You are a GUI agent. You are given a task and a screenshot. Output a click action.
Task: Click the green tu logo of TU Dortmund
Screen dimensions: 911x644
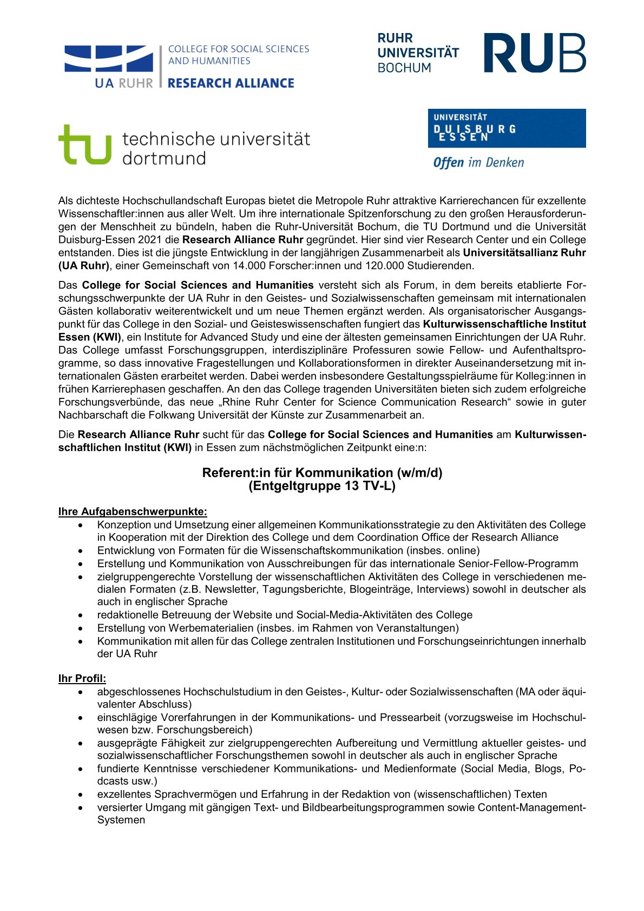tap(84, 145)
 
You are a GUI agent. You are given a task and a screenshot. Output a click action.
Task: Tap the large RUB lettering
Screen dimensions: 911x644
tap(534, 53)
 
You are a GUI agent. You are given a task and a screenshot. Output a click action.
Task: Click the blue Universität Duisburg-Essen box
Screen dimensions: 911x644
tap(507, 128)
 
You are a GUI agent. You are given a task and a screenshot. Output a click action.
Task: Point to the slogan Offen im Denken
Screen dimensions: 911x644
tap(478, 162)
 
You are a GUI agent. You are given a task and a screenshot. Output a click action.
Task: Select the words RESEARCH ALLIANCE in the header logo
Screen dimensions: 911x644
tap(231, 83)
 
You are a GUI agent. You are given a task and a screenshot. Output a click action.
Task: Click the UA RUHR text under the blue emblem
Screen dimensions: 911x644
tap(124, 83)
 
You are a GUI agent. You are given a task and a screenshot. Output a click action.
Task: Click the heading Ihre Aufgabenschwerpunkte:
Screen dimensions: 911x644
tap(133, 512)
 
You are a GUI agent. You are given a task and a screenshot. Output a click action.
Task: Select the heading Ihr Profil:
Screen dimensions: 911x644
tap(82, 678)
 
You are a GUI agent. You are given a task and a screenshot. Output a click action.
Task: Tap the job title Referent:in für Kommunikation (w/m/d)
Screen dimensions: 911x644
tap(322, 473)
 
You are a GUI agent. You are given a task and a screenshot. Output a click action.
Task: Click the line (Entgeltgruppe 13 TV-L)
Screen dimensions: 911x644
tap(322, 486)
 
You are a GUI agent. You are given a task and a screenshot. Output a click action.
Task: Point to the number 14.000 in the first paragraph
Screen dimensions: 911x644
tap(248, 266)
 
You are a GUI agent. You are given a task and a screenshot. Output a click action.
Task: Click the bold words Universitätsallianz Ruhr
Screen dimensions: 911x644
tap(524, 253)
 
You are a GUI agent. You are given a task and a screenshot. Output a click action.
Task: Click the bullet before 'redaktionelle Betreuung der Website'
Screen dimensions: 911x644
tap(81, 615)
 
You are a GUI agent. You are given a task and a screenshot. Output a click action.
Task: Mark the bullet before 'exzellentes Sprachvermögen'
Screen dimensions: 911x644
tap(81, 795)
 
